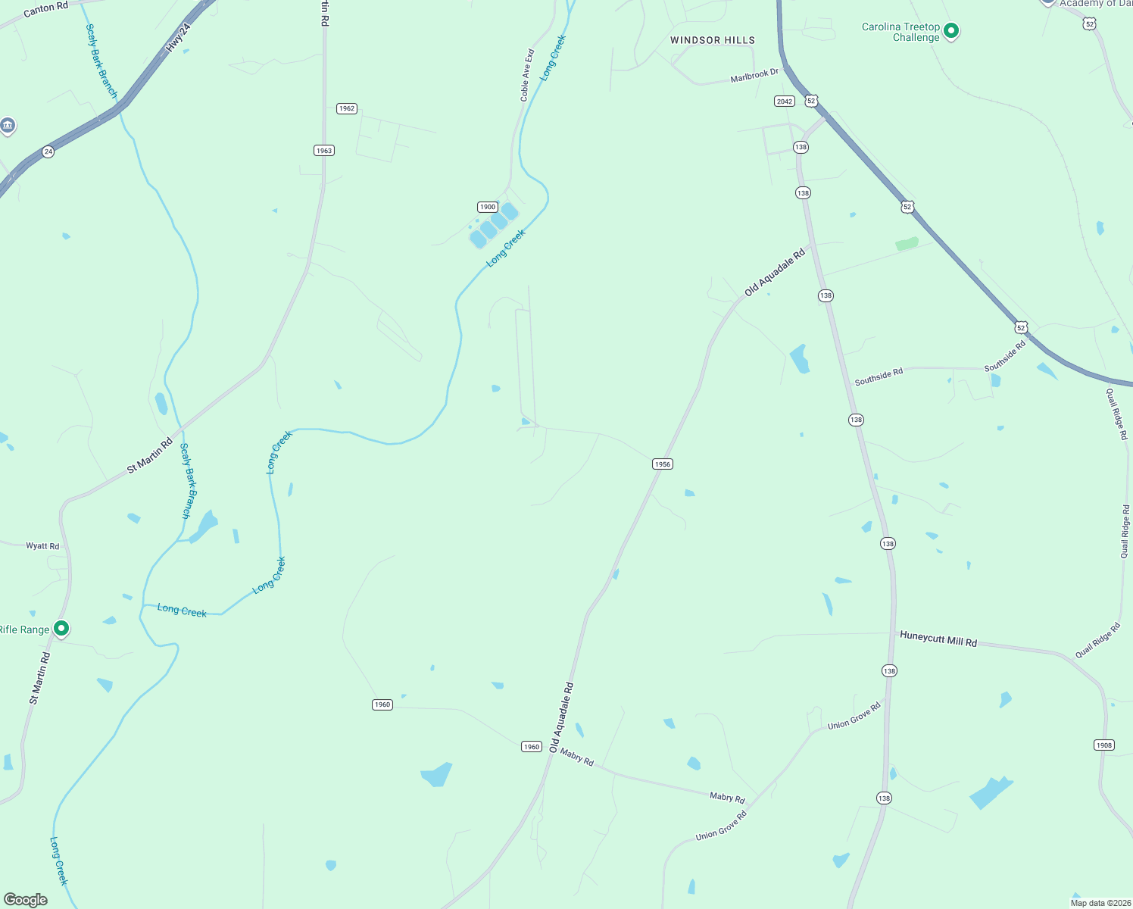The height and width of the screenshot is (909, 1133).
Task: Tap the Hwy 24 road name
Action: tap(179, 37)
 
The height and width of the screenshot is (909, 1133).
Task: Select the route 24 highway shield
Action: tap(48, 151)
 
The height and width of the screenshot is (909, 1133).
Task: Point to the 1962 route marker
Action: tap(347, 108)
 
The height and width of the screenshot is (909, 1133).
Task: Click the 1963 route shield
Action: tap(324, 151)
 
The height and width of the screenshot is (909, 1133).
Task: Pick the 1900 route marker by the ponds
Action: tap(488, 207)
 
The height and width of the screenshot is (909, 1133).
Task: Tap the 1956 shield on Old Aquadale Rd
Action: tap(663, 464)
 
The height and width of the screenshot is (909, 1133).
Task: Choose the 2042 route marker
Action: tap(785, 102)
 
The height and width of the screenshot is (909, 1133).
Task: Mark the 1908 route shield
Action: tap(1104, 745)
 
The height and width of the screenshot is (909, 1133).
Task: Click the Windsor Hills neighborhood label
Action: tap(713, 40)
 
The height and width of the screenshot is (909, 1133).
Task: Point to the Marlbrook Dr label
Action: tap(754, 76)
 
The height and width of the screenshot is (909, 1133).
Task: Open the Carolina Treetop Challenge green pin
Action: tap(952, 31)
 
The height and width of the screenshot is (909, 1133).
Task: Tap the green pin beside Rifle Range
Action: tap(62, 628)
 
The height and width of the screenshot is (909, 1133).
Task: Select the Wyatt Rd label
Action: tap(42, 546)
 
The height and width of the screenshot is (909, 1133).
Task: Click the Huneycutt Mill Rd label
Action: tap(938, 639)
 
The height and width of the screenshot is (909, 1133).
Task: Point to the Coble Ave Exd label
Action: tap(527, 76)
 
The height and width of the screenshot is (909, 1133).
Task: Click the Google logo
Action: tap(26, 900)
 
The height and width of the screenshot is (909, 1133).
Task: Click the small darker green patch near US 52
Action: tap(907, 244)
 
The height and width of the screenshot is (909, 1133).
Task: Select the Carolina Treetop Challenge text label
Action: tap(901, 32)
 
